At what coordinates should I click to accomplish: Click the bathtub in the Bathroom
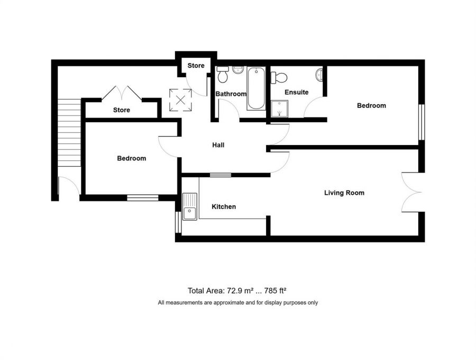click(256, 88)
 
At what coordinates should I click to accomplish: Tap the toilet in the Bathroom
click(223, 75)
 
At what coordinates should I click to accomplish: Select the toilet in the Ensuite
click(278, 78)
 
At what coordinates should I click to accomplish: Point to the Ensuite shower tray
click(277, 109)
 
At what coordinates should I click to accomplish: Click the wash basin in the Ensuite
click(319, 75)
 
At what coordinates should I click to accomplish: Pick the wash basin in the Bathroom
click(237, 69)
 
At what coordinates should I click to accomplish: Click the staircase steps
click(69, 132)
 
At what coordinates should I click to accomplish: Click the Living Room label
click(344, 193)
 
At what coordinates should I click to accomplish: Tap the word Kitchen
click(224, 206)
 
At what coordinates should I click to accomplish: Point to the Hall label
click(218, 145)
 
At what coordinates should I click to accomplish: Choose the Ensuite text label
click(296, 92)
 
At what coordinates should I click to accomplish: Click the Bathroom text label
click(231, 94)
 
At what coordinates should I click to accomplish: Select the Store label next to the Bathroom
click(196, 66)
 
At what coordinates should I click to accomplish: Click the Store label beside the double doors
click(121, 110)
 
